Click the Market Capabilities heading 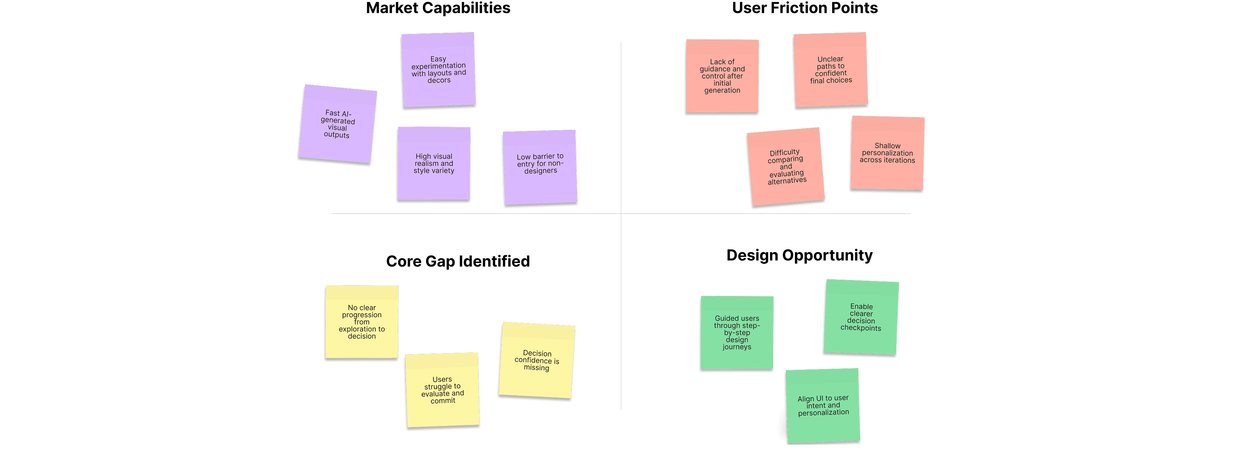click(x=438, y=8)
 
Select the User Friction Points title click(x=804, y=8)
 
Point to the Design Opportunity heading click(x=799, y=255)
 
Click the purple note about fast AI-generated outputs click(x=337, y=124)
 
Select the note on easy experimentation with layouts click(x=438, y=70)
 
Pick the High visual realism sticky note click(x=433, y=164)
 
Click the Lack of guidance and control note click(x=722, y=76)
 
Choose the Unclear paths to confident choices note click(x=830, y=70)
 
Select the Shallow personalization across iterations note click(x=887, y=153)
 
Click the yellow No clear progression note click(x=362, y=322)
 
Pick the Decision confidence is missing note click(x=536, y=360)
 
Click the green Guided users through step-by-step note click(x=737, y=333)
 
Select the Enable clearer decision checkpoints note click(x=861, y=317)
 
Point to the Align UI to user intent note click(x=823, y=405)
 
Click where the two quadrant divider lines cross click(x=621, y=214)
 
